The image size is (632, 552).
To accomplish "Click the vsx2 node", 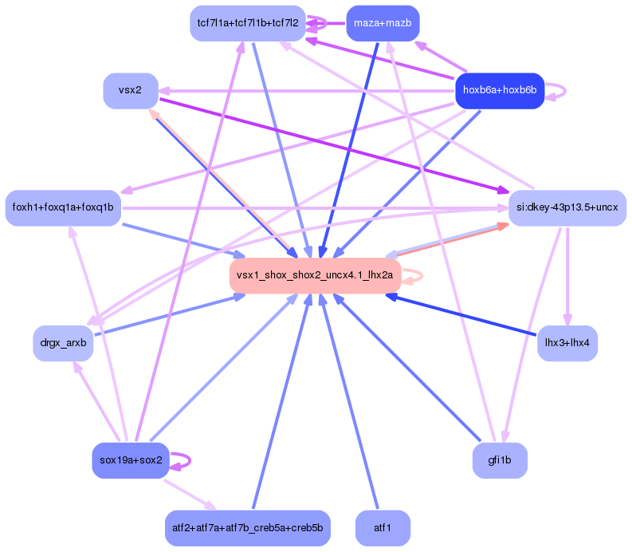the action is [x=131, y=91].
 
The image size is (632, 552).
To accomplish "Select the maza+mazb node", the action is [x=383, y=23].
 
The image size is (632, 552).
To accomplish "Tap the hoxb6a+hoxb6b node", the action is [x=500, y=91].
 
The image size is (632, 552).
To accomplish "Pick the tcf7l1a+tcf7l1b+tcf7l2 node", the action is [x=248, y=23].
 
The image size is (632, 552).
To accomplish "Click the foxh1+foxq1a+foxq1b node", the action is [x=63, y=208].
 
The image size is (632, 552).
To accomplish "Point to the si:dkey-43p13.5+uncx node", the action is [x=567, y=208].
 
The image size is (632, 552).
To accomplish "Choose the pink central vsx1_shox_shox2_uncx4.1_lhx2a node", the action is [x=315, y=275].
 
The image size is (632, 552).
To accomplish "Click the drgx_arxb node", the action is [x=63, y=343].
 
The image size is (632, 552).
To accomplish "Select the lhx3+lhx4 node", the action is [x=567, y=343].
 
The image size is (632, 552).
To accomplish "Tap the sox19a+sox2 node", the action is [x=131, y=460].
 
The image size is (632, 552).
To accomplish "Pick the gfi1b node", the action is [x=500, y=460].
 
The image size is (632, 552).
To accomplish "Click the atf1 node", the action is [x=383, y=528].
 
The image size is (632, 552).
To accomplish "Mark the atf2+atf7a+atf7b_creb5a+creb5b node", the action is [x=248, y=528].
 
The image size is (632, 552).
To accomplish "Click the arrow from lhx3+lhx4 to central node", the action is [x=461, y=314].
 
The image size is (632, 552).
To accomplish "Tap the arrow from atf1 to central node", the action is [x=349, y=401].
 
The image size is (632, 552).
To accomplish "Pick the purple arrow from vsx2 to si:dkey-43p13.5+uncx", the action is [x=335, y=144].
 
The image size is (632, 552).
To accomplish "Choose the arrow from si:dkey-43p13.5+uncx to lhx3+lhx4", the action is [x=567, y=277].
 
